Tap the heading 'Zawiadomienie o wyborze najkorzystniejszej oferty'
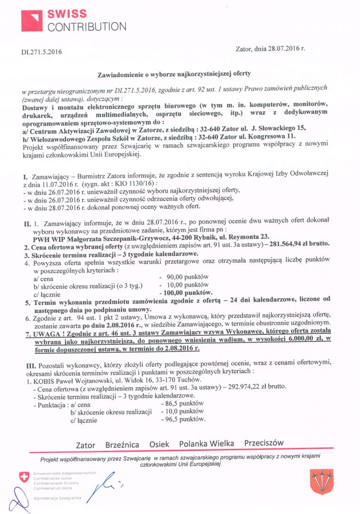coord(174,74)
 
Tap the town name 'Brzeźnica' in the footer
coord(122,445)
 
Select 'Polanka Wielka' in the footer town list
coord(207,444)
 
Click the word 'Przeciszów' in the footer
coord(264,443)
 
